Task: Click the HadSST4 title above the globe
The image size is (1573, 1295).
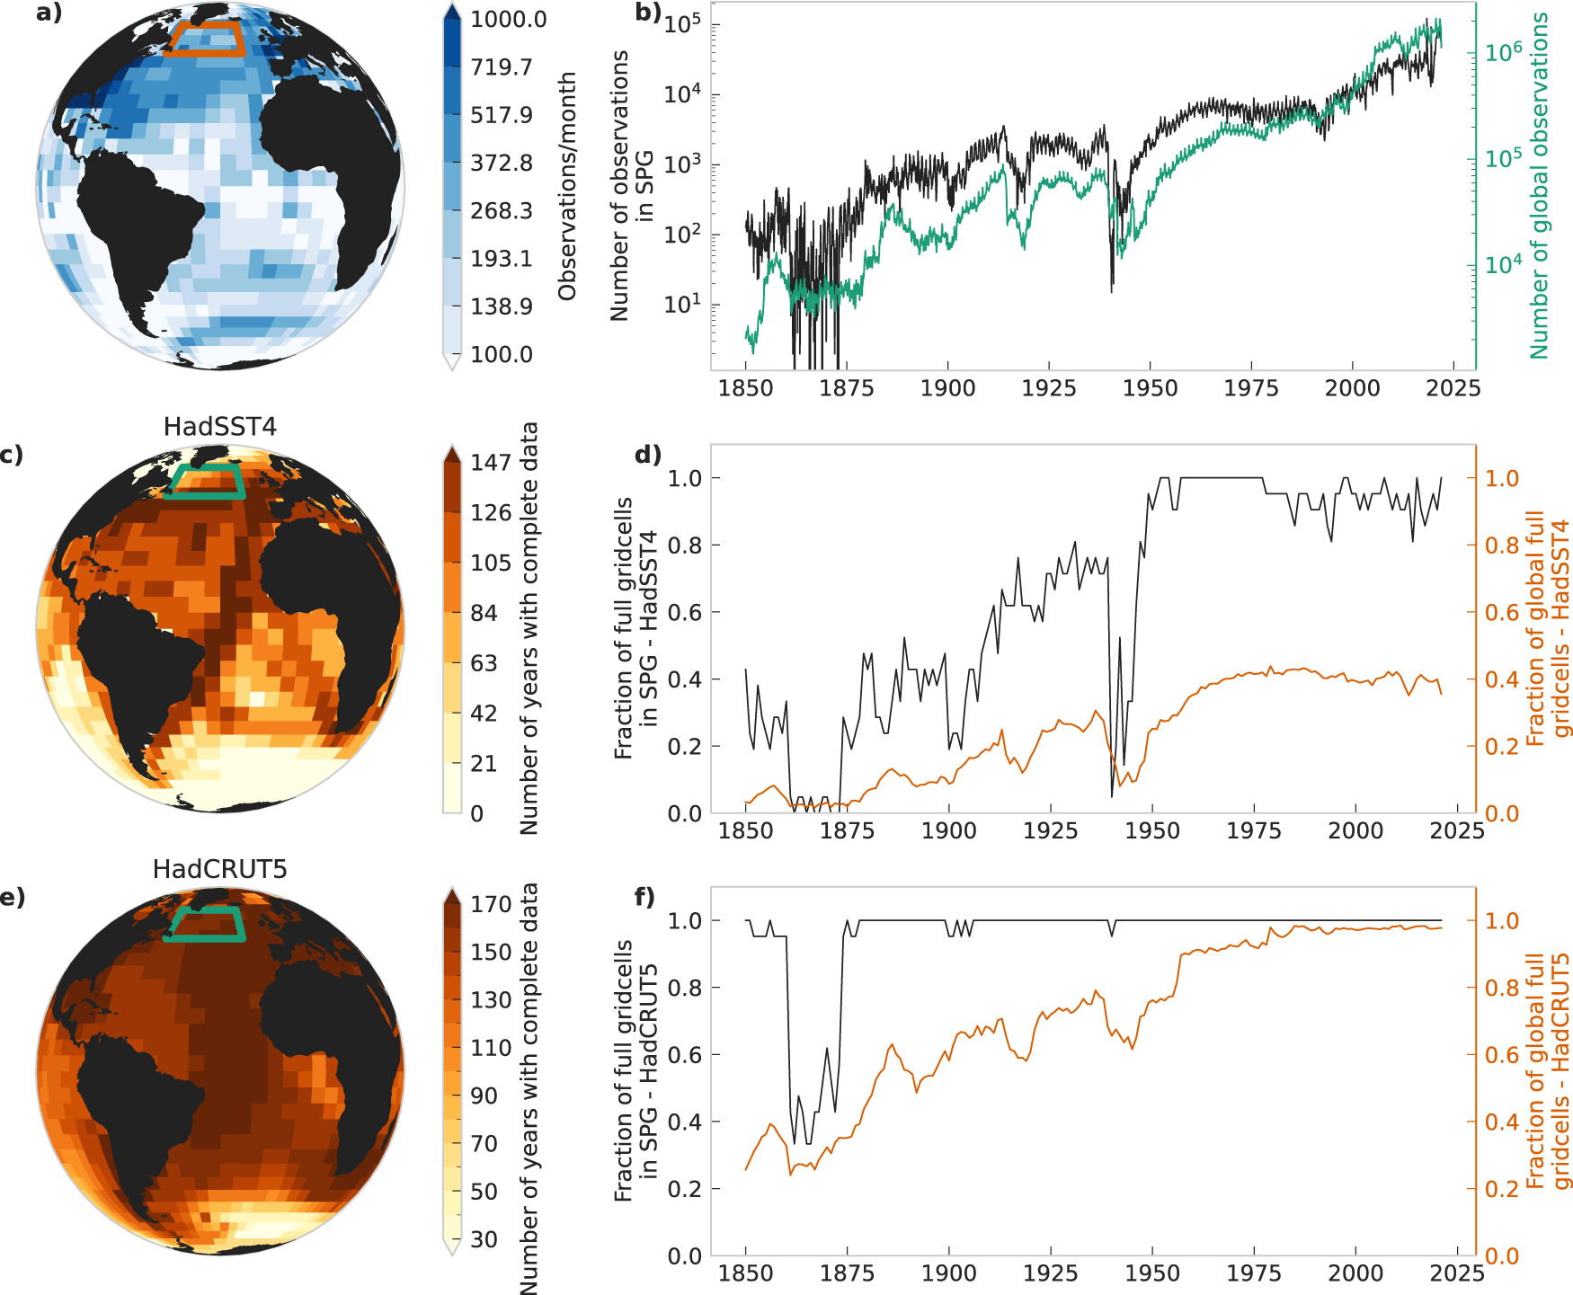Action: point(219,427)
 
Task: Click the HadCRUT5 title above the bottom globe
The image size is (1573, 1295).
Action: point(219,869)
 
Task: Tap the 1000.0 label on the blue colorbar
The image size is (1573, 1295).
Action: point(508,20)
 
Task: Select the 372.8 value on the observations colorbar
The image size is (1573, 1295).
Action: point(501,164)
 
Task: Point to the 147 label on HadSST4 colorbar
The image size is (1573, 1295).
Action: point(490,463)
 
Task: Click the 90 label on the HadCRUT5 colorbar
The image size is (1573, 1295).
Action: point(484,1095)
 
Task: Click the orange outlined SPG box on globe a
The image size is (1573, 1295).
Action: point(208,40)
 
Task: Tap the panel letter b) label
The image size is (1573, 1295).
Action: point(647,13)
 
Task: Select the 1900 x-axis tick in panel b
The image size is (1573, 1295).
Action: point(947,388)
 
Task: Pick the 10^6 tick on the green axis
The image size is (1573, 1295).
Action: point(1503,52)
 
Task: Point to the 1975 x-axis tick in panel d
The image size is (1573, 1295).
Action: point(1253,830)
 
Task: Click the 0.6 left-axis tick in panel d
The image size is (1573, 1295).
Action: point(684,612)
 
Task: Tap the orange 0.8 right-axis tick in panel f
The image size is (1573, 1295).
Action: point(1501,988)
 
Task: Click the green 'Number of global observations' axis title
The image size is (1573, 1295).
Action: point(1540,184)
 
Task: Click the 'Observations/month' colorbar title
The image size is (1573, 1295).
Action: point(566,187)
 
